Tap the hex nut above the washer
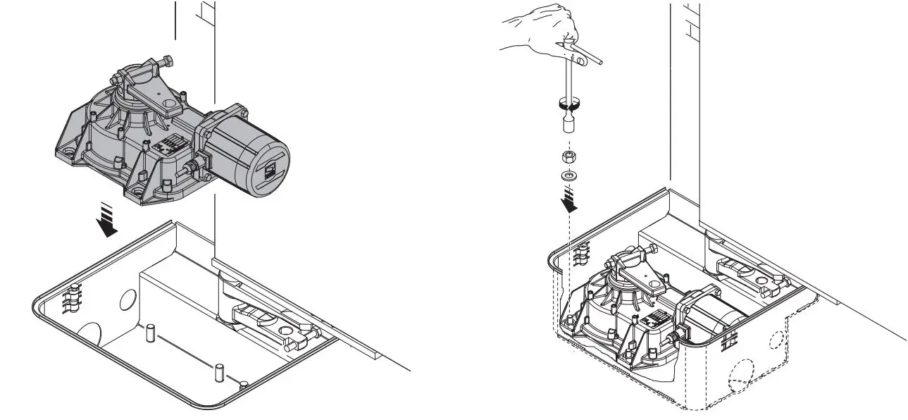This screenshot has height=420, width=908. pos(568,156)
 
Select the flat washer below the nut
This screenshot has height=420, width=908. pos(568,174)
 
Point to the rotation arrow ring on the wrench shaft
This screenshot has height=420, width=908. pos(568,104)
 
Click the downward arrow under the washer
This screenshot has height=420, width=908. pos(569,201)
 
